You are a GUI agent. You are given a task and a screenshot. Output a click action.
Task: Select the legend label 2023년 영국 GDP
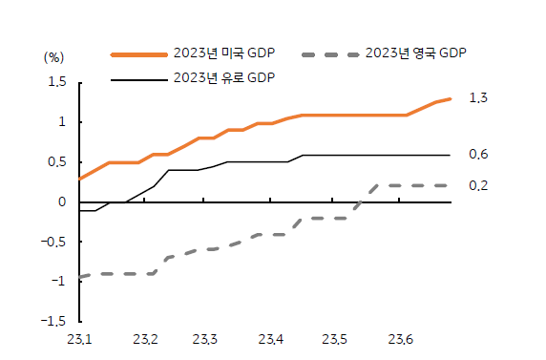(415, 53)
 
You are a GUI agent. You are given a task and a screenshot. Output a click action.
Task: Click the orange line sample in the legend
(137, 54)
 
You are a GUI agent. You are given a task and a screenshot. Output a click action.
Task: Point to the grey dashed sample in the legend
(329, 54)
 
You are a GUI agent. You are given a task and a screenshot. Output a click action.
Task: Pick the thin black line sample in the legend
(137, 79)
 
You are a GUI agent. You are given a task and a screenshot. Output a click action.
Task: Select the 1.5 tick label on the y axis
(57, 82)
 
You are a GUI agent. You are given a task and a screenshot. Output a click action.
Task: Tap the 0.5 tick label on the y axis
(57, 161)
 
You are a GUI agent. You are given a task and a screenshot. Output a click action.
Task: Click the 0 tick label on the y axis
(62, 201)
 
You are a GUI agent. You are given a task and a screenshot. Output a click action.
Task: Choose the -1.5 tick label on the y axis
(55, 321)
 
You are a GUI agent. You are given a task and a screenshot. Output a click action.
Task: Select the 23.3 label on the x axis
(206, 339)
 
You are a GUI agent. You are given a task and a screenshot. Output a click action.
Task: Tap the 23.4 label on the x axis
(271, 339)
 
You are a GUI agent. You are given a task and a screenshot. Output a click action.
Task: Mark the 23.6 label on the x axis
(400, 339)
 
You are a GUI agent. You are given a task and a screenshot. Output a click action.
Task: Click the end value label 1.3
(478, 98)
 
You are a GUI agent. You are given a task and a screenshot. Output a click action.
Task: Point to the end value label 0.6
(478, 155)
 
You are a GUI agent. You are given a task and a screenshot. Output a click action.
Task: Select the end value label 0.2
(478, 185)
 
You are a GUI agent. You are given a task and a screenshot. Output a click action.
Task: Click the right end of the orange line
(450, 98)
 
